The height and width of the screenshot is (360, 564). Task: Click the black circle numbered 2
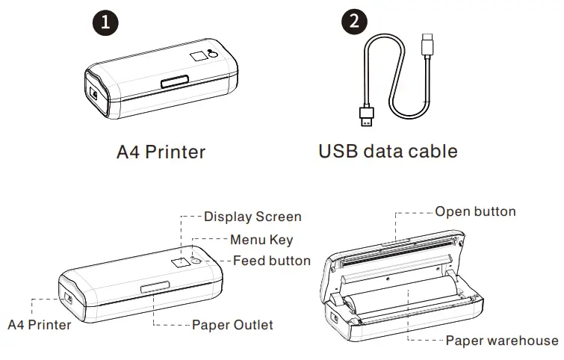coord(354,21)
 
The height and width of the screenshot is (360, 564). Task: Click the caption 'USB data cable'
coord(388,152)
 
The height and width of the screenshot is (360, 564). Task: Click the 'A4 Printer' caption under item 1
coord(161,152)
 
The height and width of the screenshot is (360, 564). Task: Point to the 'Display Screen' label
coord(252,217)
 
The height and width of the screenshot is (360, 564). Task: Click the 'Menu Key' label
coord(261,240)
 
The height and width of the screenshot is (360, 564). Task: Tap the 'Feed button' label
coord(271,261)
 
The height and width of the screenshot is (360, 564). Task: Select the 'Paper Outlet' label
coord(232,325)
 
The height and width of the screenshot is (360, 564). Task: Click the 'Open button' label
coord(475,211)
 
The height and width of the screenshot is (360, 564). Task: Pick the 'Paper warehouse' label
coord(501,341)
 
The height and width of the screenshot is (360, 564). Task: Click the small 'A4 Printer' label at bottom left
coord(39,325)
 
